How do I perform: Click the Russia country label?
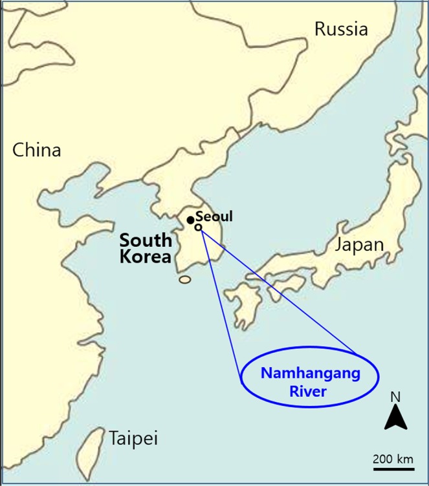click(x=341, y=29)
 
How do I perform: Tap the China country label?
click(x=37, y=151)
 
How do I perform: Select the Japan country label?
click(x=359, y=245)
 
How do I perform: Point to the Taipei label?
click(x=133, y=438)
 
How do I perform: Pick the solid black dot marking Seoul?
click(x=190, y=220)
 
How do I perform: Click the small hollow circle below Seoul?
click(x=198, y=227)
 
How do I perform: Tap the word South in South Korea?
click(x=146, y=240)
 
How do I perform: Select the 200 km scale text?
click(x=393, y=459)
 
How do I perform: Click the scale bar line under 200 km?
click(x=393, y=467)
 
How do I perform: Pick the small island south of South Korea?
click(x=185, y=280)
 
